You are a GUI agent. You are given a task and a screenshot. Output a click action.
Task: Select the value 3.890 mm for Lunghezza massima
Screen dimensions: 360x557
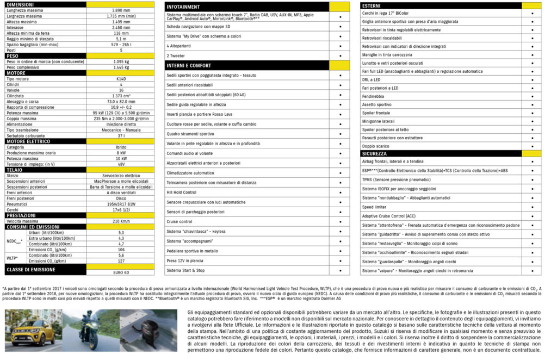tap(121, 10)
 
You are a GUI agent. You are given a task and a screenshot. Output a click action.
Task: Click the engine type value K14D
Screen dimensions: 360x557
tap(121, 79)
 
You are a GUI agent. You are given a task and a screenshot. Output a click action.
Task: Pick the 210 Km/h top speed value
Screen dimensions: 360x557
tap(121, 221)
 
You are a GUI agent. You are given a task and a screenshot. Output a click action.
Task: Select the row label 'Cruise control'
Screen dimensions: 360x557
tap(180, 221)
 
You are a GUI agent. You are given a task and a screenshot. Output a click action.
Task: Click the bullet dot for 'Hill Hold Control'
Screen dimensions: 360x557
tap(340, 192)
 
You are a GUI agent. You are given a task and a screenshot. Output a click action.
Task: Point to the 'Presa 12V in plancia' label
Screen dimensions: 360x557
tap(189, 260)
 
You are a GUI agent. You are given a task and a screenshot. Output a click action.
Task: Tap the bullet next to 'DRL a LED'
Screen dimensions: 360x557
tap(531, 79)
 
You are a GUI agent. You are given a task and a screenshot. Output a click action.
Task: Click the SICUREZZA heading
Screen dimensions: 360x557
tap(375, 154)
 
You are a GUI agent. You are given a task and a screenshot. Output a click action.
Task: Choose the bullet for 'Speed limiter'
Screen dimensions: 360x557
tap(531, 207)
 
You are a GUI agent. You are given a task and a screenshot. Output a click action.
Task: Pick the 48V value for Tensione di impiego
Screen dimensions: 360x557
tap(121, 164)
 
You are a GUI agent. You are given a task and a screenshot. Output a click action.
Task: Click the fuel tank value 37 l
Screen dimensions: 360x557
tap(121, 135)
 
